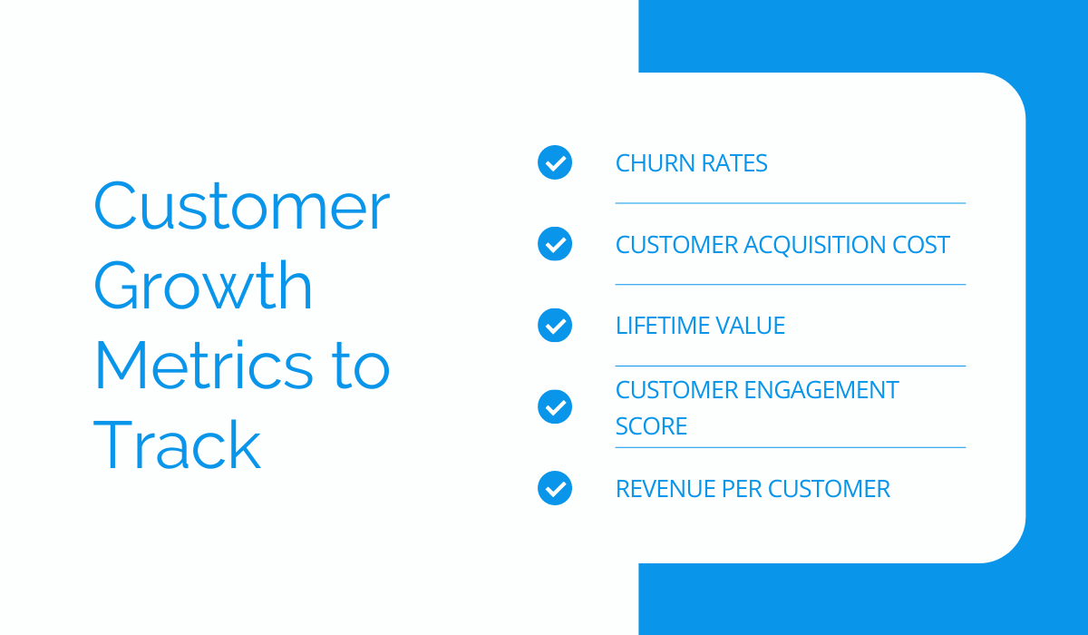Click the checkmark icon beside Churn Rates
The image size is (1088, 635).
click(x=555, y=162)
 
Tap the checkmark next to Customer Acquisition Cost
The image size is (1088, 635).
click(x=555, y=244)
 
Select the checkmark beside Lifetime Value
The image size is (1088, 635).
click(x=555, y=325)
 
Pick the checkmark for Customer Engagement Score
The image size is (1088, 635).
click(x=555, y=406)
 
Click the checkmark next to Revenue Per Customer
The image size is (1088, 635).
click(x=555, y=488)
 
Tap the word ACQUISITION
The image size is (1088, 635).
click(x=815, y=244)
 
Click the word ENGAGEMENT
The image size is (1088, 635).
click(x=821, y=390)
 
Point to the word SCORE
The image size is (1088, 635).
click(x=651, y=426)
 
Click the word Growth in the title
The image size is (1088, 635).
click(x=202, y=286)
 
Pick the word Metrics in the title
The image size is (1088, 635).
click(x=203, y=365)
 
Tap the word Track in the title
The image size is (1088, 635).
click(x=178, y=444)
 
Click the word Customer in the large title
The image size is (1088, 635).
click(x=242, y=206)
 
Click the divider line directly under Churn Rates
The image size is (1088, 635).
click(x=791, y=203)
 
